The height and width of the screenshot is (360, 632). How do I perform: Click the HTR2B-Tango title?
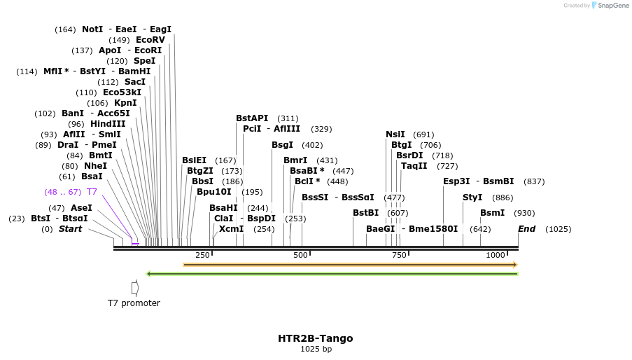coord(315,338)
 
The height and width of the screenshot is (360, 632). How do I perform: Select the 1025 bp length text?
coord(316,349)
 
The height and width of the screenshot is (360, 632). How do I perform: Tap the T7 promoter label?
coord(134,303)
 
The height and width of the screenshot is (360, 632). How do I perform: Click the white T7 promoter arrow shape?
coord(135,287)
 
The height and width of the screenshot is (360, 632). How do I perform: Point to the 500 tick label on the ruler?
coord(301,255)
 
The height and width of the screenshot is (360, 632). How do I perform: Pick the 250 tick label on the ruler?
coord(203,255)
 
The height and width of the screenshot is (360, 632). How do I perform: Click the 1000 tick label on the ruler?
coord(495,255)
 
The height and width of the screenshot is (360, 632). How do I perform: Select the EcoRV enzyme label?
coord(150,40)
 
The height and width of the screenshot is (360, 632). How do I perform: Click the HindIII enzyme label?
coord(108,124)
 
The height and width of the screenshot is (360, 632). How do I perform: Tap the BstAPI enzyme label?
coord(252,118)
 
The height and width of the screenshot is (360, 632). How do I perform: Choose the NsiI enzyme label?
coord(395,134)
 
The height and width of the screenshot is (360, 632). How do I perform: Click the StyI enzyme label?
coord(472,198)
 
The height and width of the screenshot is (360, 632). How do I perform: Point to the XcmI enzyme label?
coord(231,229)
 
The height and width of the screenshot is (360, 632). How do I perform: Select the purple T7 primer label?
coord(92,192)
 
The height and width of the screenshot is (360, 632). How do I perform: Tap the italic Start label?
coord(70,229)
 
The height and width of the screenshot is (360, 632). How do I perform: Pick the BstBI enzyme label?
coord(365,213)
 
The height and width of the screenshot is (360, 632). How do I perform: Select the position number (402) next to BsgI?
coord(312,145)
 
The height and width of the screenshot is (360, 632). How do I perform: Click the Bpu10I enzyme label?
coord(213,192)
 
